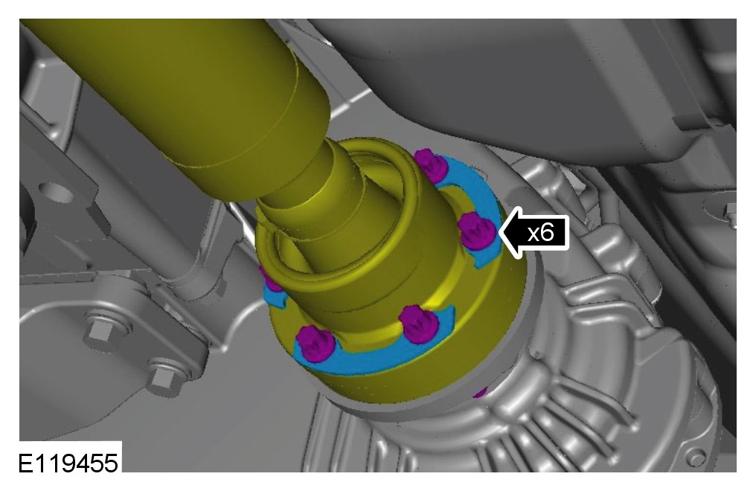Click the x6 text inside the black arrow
540,233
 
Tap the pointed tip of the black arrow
500,233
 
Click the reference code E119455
68,463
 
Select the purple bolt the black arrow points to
476,231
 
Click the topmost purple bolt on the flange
430,165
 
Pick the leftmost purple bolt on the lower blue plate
315,342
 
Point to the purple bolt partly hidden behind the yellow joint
271,279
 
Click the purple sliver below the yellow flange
481,393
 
